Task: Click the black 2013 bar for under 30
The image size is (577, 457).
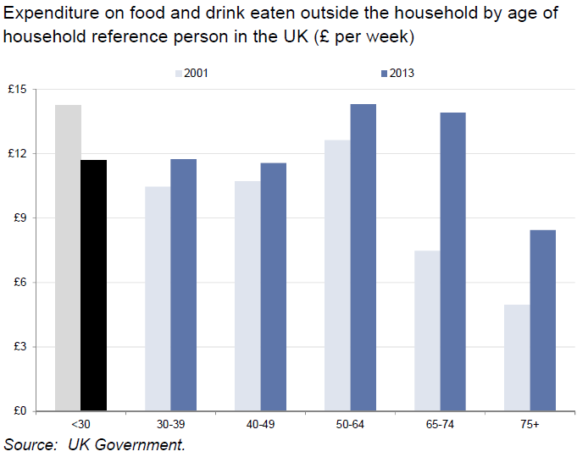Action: pyautogui.click(x=93, y=285)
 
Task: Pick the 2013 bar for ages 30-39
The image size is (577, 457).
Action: pyautogui.click(x=183, y=285)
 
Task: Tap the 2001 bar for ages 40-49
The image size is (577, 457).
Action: pyautogui.click(x=247, y=296)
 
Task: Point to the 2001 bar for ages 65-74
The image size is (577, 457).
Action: pyautogui.click(x=427, y=331)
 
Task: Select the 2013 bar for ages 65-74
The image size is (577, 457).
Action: pyautogui.click(x=452, y=262)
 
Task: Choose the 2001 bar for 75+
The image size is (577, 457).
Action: pyautogui.click(x=517, y=358)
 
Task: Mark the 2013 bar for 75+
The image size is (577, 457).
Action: pyautogui.click(x=542, y=321)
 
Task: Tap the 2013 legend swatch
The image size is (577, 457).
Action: pyautogui.click(x=384, y=73)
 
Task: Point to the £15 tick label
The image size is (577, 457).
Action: pyautogui.click(x=19, y=90)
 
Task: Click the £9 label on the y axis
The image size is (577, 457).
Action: pyautogui.click(x=21, y=218)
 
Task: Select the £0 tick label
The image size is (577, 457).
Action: pyautogui.click(x=21, y=411)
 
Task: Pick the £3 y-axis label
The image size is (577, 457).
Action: pyautogui.click(x=21, y=347)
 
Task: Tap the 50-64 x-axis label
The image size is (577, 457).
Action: pyautogui.click(x=350, y=424)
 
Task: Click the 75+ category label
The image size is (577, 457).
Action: pyautogui.click(x=530, y=424)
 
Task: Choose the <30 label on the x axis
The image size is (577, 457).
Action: pyautogui.click(x=80, y=424)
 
